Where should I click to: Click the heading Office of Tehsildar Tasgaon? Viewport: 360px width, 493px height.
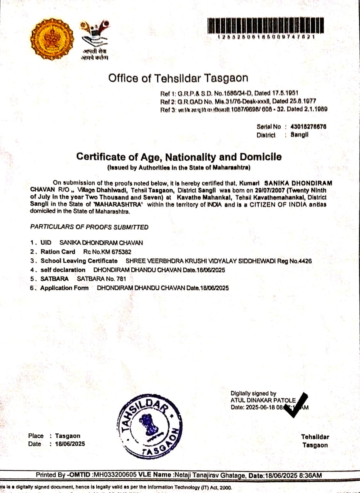tap(178, 78)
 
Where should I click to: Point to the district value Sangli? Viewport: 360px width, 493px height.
tap(300, 135)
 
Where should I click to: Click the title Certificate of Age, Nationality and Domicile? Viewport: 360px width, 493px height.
tap(179, 157)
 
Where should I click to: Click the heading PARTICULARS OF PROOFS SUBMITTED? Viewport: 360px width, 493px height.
tap(89, 227)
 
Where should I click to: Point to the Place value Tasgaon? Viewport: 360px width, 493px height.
tap(68, 436)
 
